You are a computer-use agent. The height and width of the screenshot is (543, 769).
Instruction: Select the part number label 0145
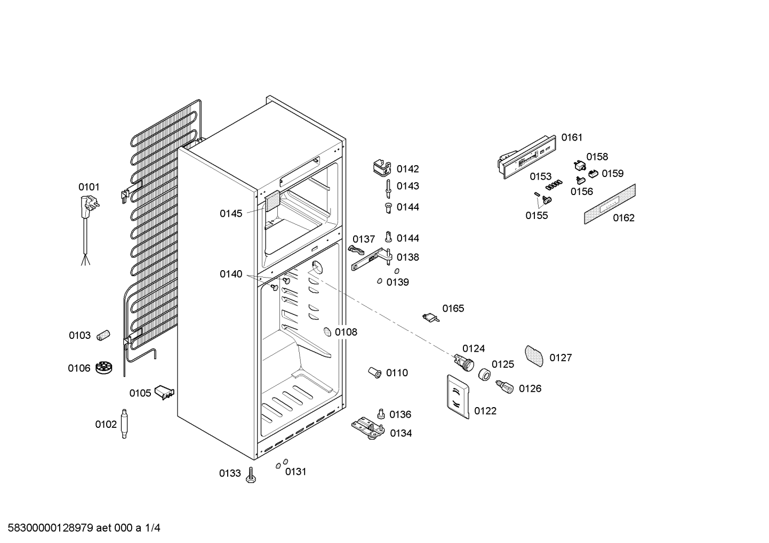tap(231, 214)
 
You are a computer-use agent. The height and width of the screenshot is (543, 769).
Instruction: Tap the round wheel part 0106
tap(104, 368)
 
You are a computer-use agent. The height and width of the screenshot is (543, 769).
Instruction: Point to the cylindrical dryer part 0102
tap(125, 424)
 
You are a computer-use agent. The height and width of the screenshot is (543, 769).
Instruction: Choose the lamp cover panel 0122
tap(458, 398)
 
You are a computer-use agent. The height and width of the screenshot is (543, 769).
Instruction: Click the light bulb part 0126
tap(504, 386)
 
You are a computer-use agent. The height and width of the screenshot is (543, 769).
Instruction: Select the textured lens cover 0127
tap(535, 355)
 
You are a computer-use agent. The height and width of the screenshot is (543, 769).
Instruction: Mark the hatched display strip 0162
tap(610, 204)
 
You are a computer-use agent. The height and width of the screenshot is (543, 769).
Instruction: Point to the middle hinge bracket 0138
tap(373, 259)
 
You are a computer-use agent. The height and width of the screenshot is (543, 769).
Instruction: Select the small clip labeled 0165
tap(431, 318)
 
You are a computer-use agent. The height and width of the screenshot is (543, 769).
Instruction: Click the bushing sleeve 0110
tap(375, 372)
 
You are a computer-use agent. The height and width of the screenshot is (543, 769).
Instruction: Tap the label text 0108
tap(346, 332)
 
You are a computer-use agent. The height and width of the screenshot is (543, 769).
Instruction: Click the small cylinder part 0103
tap(103, 335)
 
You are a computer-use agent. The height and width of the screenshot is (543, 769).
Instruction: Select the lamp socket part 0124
tap(463, 363)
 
